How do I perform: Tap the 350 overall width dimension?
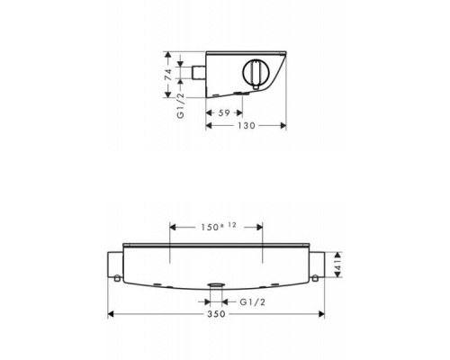215,315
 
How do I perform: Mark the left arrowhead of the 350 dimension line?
112,315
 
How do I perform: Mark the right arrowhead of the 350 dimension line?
319,315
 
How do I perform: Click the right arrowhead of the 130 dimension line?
285,126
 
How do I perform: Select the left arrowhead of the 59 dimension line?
210,112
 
